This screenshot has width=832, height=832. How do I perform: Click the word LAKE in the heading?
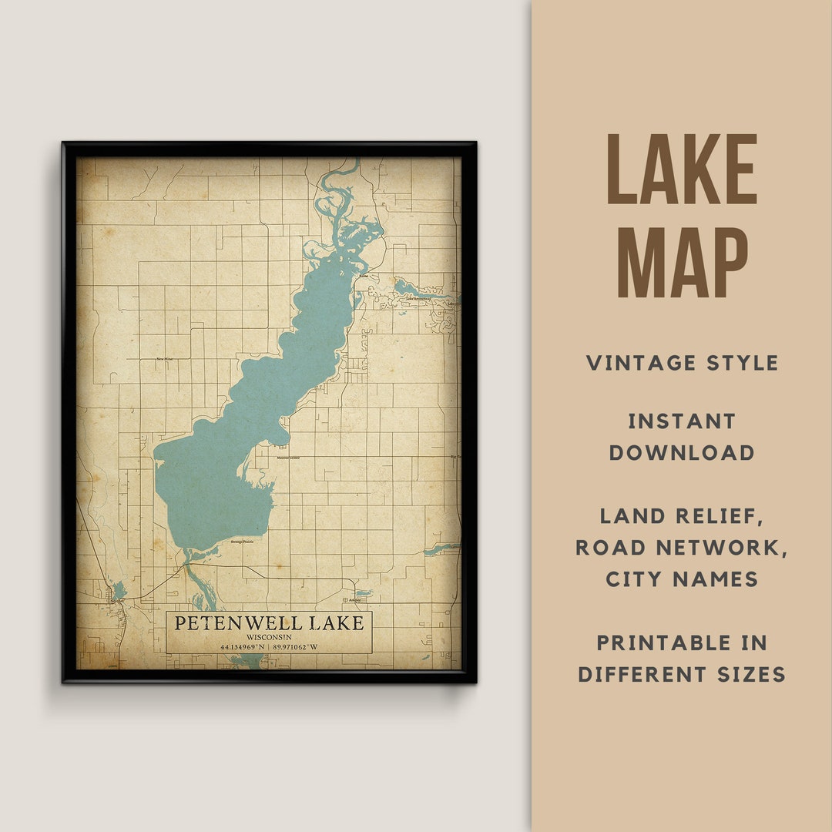(x=682, y=170)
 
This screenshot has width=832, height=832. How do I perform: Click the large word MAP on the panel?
(x=682, y=263)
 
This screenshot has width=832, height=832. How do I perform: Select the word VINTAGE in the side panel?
(x=641, y=363)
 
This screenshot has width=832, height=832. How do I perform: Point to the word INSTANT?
(x=682, y=421)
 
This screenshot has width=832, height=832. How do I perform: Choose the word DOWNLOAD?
(x=682, y=453)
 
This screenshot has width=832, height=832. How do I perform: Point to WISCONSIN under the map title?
(x=269, y=637)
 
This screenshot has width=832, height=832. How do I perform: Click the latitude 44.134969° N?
(x=242, y=647)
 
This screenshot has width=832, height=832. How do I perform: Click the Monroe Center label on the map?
(x=288, y=458)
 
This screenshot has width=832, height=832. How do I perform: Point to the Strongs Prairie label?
(x=241, y=542)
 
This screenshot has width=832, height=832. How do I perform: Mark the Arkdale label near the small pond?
(x=354, y=599)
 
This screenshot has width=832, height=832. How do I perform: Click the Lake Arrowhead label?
(x=421, y=298)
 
